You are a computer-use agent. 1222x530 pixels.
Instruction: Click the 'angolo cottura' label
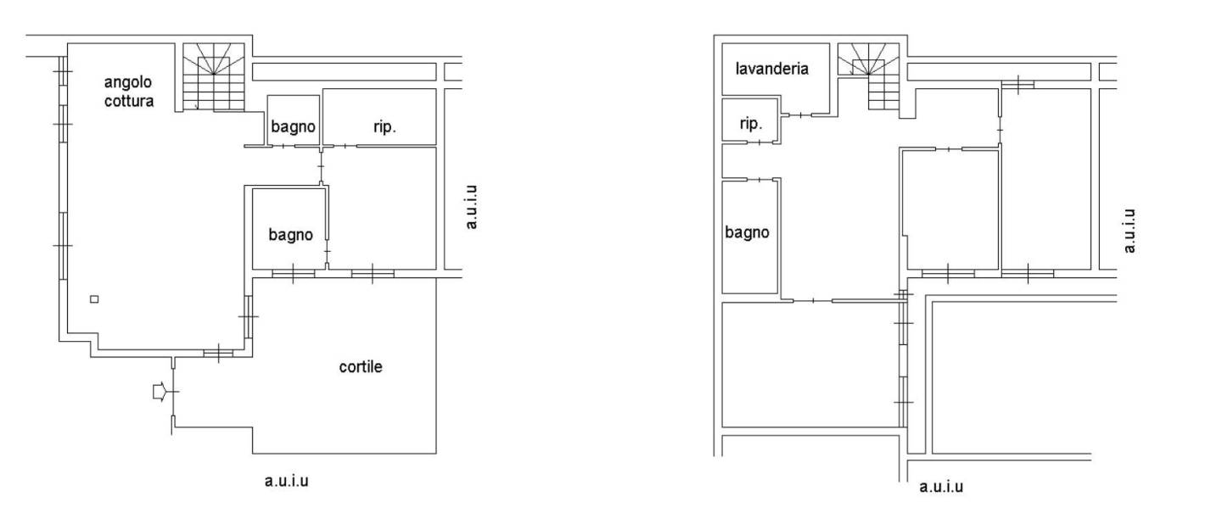pos(129,92)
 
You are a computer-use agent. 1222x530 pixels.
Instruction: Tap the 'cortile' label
pos(361,367)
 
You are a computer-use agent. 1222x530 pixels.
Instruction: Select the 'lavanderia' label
pos(772,69)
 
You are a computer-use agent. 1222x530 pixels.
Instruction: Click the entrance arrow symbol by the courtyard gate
pos(159,392)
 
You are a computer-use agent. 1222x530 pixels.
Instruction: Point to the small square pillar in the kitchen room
pos(94,298)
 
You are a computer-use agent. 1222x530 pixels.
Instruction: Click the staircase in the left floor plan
pos(213,77)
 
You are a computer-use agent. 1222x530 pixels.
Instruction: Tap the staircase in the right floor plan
pos(868,76)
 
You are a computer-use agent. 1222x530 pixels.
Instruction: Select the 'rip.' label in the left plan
pos(384,127)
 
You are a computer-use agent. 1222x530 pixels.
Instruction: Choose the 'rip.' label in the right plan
pos(751,124)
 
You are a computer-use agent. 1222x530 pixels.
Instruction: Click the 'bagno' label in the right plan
pos(747,232)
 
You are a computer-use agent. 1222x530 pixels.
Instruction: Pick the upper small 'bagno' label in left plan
pos(293,126)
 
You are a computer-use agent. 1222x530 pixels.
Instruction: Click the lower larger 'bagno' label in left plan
pos(291,234)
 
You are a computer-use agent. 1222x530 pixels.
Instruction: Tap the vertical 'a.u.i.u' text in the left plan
pos(472,207)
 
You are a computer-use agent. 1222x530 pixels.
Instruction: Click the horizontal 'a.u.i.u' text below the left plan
pos(287,481)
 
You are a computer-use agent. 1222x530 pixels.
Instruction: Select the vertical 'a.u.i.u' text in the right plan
pos(1130,231)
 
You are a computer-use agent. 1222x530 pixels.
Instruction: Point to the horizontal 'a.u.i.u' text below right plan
pos(941,487)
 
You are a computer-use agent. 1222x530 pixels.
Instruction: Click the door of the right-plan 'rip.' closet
pos(760,142)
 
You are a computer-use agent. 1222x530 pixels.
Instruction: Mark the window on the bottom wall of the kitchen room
pos(218,354)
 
